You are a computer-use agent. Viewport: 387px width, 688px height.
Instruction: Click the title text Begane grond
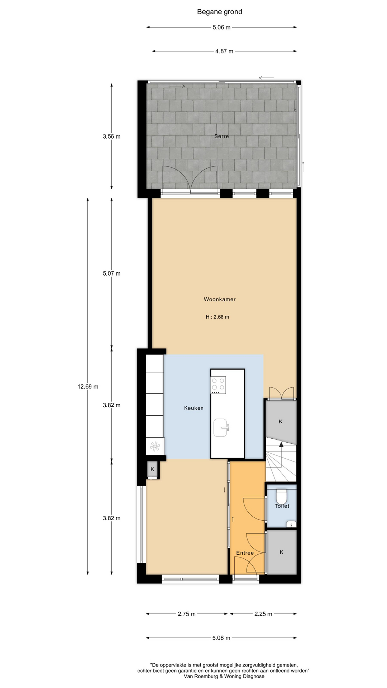click(219, 12)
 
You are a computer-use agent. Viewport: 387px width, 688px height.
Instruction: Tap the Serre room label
click(221, 136)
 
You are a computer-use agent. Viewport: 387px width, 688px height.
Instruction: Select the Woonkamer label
click(220, 299)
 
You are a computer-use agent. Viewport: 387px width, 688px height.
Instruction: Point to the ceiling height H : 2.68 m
click(217, 317)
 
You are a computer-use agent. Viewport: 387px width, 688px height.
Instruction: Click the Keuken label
click(193, 408)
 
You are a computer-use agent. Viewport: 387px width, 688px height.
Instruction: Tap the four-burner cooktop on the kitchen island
click(218, 385)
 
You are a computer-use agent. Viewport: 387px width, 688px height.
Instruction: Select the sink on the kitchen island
click(221, 427)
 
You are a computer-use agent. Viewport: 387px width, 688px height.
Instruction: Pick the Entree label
click(245, 553)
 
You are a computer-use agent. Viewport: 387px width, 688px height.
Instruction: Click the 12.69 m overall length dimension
click(88, 387)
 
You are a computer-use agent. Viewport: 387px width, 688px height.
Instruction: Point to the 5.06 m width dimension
click(221, 27)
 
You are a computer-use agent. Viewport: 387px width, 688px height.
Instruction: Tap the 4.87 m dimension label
click(224, 51)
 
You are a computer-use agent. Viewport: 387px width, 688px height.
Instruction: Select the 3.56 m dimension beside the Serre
click(111, 136)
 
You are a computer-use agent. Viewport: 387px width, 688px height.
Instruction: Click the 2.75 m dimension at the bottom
click(187, 614)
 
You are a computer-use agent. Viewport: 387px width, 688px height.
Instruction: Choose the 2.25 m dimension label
click(263, 614)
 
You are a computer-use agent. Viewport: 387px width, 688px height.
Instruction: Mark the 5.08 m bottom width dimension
click(221, 638)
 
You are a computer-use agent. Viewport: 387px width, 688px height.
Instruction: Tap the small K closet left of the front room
click(152, 469)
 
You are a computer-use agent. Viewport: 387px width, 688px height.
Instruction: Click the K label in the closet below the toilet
click(282, 552)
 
